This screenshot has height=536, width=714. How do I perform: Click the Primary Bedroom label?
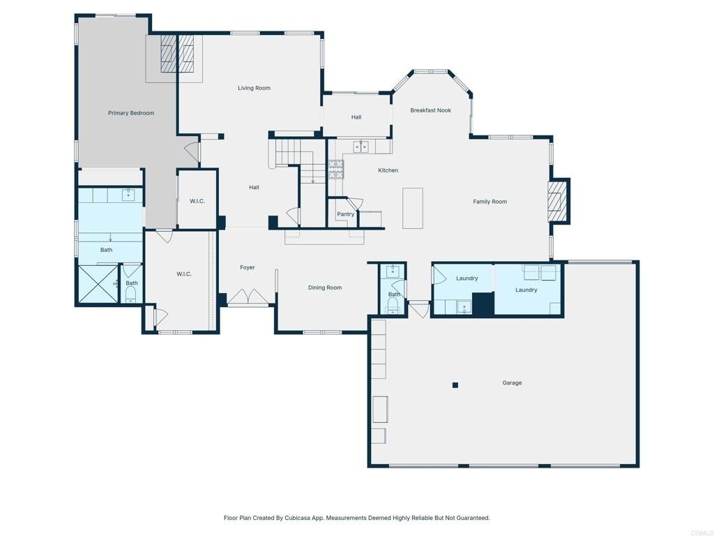tap(131, 113)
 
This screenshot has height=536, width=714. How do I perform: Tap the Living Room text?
tap(254, 88)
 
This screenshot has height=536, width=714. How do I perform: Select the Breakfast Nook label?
tap(430, 110)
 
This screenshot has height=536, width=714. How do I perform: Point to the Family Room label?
tap(489, 202)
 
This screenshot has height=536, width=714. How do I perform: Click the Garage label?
tap(512, 382)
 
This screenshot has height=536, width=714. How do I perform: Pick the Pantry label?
tap(345, 214)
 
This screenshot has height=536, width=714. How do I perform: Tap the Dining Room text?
tap(325, 288)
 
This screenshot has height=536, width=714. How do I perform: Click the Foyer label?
tap(247, 267)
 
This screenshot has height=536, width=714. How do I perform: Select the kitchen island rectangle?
tap(413, 208)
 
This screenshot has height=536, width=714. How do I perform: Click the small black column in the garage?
tap(455, 385)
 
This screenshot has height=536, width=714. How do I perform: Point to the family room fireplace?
tap(556, 202)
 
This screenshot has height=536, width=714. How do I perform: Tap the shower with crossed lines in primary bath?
tap(98, 284)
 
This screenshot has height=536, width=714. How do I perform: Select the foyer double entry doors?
tap(249, 299)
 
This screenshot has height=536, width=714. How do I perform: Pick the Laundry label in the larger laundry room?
tap(526, 290)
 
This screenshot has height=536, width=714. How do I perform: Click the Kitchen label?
tap(388, 170)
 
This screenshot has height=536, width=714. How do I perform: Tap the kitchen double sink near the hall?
tap(360, 147)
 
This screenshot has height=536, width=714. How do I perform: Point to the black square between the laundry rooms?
tap(483, 304)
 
